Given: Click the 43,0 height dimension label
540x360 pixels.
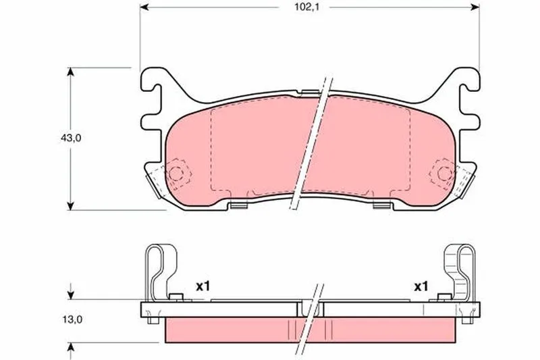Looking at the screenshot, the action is pyautogui.click(x=71, y=138).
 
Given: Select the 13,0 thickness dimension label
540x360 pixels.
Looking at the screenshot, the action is pyautogui.click(x=72, y=319).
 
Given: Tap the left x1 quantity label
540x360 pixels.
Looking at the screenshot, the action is pyautogui.click(x=202, y=286).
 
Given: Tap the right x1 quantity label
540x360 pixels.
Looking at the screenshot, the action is pyautogui.click(x=421, y=286).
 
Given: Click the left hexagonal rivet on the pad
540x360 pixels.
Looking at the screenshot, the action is pyautogui.click(x=176, y=174).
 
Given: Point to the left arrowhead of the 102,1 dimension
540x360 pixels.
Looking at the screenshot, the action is pyautogui.click(x=144, y=7).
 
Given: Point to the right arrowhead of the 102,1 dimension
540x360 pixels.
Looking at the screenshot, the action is pyautogui.click(x=475, y=7).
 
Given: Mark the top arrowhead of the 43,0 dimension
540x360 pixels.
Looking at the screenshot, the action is pyautogui.click(x=70, y=72).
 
